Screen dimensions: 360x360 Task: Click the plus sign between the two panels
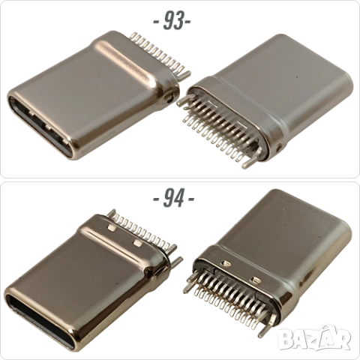point(174,200)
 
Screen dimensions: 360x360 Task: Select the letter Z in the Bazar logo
point(314,340)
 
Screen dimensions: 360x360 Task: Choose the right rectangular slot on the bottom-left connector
point(137,243)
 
